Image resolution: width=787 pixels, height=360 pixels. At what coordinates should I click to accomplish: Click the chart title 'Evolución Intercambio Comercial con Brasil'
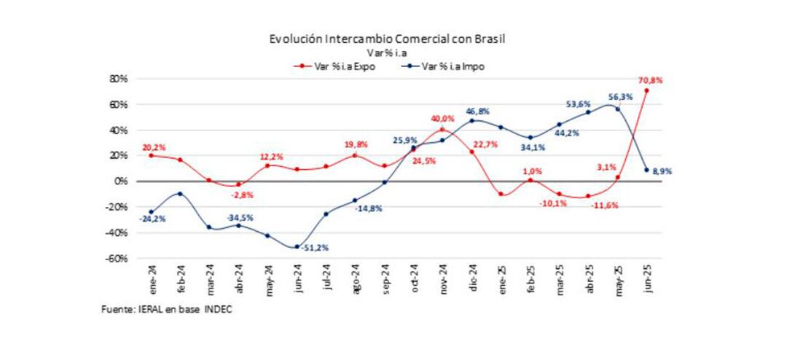(387, 39)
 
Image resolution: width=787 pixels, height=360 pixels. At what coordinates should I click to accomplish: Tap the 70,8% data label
(651, 80)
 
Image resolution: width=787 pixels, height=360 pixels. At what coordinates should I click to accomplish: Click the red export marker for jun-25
(646, 90)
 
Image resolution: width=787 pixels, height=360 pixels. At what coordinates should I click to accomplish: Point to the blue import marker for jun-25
(646, 170)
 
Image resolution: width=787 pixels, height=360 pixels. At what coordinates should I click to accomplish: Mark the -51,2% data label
(318, 248)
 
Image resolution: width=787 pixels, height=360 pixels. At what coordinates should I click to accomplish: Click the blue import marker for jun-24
(297, 247)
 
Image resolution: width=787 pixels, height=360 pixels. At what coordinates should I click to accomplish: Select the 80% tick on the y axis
(118, 78)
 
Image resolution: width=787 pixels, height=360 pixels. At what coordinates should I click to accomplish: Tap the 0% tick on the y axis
(121, 181)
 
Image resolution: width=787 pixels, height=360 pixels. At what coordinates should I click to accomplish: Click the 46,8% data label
(478, 111)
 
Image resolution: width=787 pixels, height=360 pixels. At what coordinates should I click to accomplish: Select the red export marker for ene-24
(151, 155)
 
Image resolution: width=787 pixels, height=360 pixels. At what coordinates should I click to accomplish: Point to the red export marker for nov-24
(442, 130)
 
